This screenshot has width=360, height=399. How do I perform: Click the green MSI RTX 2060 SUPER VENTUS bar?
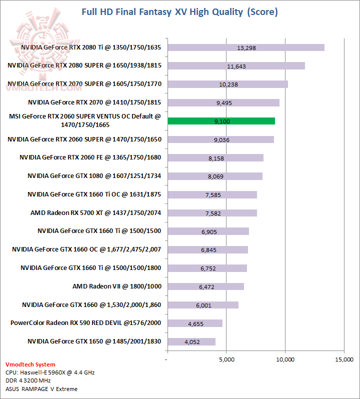pos(221,121)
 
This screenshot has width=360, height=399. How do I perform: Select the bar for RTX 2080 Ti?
pos(246,47)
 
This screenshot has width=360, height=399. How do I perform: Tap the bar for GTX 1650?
pos(191,342)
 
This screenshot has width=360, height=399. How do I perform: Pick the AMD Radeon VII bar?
pos(205,286)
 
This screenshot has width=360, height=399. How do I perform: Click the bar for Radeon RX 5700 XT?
pos(212,213)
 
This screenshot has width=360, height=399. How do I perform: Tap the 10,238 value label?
pos(228,84)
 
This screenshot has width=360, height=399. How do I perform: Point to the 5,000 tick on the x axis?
pos(226,359)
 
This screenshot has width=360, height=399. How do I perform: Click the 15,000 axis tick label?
pos(344,359)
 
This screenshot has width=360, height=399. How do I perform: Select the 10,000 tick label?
pos(285,359)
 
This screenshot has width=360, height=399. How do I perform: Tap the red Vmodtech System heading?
pos(30,364)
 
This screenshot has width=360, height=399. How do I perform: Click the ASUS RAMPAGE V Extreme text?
pos(41,388)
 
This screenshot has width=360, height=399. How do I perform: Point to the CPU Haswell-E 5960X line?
pos(50,372)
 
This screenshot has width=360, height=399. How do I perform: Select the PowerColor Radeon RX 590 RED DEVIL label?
pos(85,323)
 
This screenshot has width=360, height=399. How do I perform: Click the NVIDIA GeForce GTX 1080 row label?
pos(94,176)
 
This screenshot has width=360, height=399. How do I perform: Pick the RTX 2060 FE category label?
pos(90,157)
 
